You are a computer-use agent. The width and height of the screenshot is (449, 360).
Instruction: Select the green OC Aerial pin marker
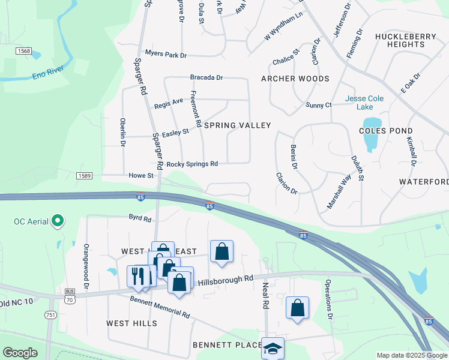[x=58, y=221]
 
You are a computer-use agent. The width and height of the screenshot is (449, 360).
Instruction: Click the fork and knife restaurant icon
[x=137, y=276]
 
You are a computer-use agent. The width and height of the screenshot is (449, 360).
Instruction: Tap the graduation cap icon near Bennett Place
[x=273, y=349]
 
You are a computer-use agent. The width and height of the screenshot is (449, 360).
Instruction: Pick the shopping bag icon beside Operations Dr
[x=297, y=308]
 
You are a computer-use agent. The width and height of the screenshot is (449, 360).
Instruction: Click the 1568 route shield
[x=24, y=51]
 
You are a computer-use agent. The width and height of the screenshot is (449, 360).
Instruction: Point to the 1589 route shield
[x=84, y=176]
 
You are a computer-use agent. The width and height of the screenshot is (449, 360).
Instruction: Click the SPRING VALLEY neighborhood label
[x=238, y=125]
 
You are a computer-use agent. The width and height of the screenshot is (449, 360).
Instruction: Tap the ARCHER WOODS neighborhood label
[x=295, y=79]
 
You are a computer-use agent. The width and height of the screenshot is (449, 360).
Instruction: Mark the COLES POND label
[x=385, y=130]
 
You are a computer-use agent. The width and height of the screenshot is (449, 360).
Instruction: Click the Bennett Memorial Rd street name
[x=160, y=306]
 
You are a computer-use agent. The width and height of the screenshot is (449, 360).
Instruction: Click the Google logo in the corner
[x=20, y=353]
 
